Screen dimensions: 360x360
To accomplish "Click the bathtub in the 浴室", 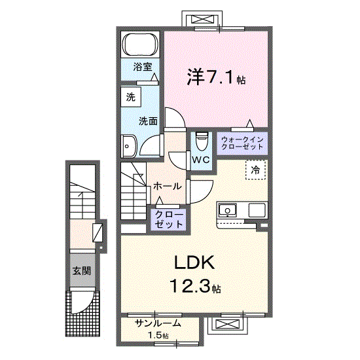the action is [140, 45].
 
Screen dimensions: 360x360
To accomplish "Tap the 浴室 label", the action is [143, 67].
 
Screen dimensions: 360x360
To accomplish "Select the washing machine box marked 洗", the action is [131, 97].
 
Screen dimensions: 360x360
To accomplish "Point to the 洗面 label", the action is [148, 121].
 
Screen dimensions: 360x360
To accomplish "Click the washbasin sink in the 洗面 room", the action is [128, 146].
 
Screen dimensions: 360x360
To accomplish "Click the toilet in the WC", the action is [202, 141].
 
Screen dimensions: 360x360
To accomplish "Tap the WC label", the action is [201, 160].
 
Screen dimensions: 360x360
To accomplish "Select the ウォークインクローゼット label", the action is [242, 143].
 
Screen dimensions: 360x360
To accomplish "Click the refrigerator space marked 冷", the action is [255, 170].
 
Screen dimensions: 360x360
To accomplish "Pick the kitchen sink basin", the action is [227, 210].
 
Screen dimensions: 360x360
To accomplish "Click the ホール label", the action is [167, 186].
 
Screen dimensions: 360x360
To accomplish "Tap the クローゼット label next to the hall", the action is [169, 219].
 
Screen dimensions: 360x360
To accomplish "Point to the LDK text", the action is [194, 262].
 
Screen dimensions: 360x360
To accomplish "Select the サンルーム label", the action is [158, 323].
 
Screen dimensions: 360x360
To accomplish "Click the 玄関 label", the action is [82, 271].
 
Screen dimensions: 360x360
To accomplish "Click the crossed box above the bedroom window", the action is [202, 19].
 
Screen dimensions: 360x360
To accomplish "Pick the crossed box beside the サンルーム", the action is [228, 325].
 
